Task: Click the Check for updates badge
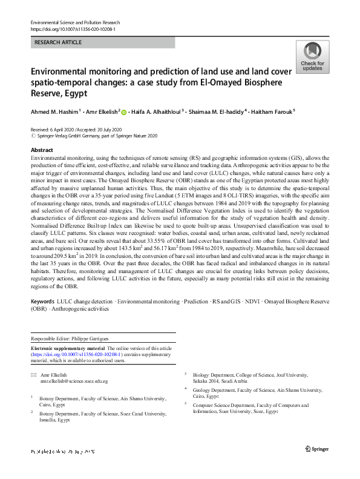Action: point(312,58)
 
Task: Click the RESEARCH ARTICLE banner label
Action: point(57,43)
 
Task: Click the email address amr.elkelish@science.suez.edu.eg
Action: point(74,382)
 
